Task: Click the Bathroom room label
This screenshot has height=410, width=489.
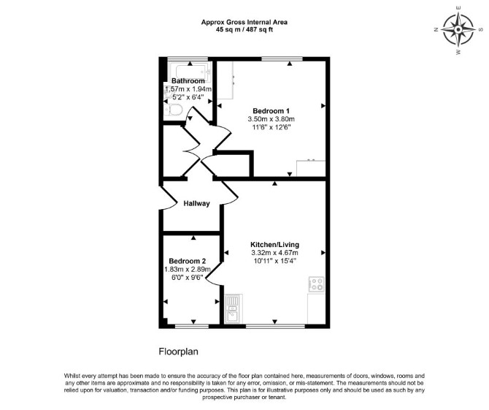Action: click(x=188, y=81)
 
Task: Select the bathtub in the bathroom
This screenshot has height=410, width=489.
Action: click(x=190, y=72)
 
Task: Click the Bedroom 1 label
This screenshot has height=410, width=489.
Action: click(x=271, y=111)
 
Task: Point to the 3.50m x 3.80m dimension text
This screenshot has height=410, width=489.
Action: click(x=271, y=119)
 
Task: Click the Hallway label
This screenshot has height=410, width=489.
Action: click(x=196, y=204)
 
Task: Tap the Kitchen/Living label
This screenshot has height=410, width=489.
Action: click(x=274, y=245)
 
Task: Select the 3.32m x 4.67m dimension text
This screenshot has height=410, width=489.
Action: click(x=274, y=253)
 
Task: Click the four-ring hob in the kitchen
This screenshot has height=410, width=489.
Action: click(x=316, y=284)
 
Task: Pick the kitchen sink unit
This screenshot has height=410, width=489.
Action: click(x=233, y=309)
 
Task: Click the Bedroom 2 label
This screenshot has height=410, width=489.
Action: click(x=187, y=261)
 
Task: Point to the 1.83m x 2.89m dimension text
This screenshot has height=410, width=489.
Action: click(x=187, y=269)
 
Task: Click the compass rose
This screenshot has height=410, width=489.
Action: click(x=458, y=30)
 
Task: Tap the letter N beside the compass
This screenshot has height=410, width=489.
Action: click(x=436, y=30)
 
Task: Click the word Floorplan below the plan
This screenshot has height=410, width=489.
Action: click(x=178, y=352)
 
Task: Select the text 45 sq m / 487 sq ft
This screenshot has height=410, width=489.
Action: click(x=244, y=30)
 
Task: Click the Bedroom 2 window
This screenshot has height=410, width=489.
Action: click(x=192, y=326)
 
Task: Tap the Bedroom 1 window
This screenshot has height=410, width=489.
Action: click(x=282, y=58)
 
